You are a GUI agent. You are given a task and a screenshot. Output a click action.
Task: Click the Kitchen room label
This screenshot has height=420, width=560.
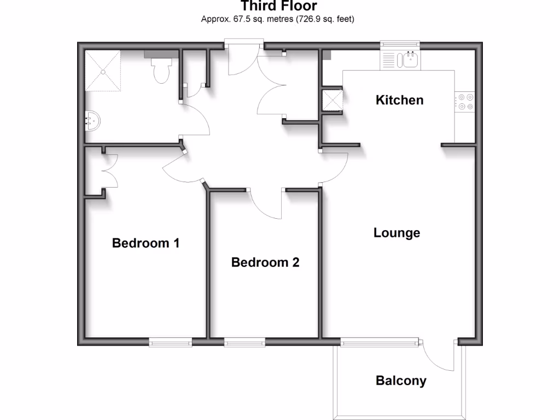click(x=399, y=100)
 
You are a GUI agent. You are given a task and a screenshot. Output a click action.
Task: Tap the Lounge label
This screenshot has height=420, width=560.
click(x=396, y=233)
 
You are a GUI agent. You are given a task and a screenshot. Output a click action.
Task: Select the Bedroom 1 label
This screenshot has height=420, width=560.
click(x=145, y=243)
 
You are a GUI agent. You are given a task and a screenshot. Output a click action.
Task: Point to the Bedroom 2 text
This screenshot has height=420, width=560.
click(x=265, y=262)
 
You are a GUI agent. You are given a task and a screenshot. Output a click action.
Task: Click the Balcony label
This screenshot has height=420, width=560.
click(x=401, y=381)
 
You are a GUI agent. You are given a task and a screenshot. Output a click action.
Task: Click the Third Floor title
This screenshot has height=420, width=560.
click(x=278, y=7)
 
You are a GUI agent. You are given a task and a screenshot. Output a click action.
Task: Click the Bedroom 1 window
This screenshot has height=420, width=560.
click(x=170, y=342)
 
